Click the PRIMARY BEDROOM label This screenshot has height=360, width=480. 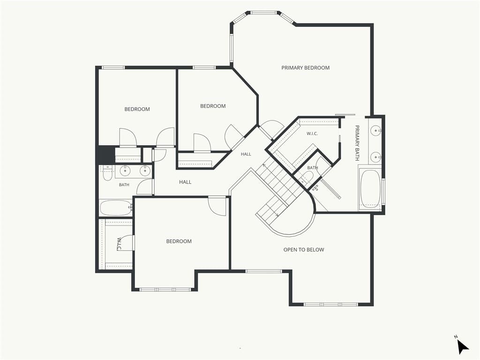click(x=306, y=67)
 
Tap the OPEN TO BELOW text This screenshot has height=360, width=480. click(x=304, y=249)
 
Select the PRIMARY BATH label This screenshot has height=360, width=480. click(x=357, y=142)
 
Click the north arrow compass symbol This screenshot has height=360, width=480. click(x=462, y=346)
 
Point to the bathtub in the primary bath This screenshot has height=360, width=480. click(x=370, y=188)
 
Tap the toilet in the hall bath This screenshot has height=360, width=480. click(x=107, y=173)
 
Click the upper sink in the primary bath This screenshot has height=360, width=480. click(x=375, y=131)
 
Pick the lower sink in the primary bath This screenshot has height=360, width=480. click(x=375, y=157)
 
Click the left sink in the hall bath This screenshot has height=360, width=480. click(x=125, y=171)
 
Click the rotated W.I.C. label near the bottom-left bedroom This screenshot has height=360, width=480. click(x=119, y=244)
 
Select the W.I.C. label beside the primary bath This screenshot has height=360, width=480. click(x=312, y=134)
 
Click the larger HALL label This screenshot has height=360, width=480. click(x=185, y=182)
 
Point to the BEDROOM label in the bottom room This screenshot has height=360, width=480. click(x=179, y=241)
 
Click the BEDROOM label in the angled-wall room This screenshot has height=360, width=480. click(x=213, y=106)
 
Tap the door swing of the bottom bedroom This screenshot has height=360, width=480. click(x=217, y=206)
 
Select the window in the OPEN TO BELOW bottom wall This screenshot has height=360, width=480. click(x=330, y=305)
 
